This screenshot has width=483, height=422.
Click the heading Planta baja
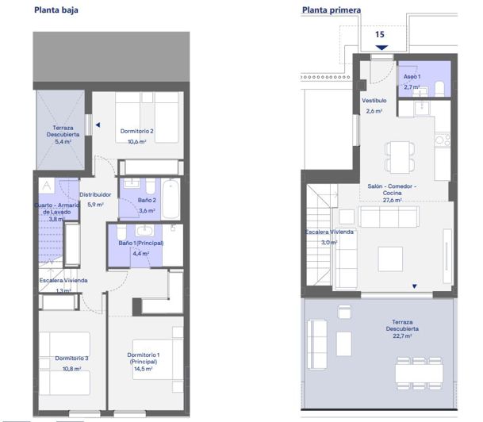click(x=56, y=11)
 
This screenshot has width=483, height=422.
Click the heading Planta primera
click(x=331, y=11)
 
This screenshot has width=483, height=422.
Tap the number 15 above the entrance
click(x=380, y=35)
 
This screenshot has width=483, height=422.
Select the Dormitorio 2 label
click(x=136, y=131)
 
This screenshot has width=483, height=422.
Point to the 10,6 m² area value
click(x=138, y=142)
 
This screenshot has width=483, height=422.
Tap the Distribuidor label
click(x=96, y=194)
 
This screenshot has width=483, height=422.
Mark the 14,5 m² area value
click(x=144, y=369)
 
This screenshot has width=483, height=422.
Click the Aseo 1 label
click(x=412, y=76)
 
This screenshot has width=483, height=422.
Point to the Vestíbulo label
click(x=374, y=102)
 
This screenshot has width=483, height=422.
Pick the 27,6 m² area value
click(x=392, y=201)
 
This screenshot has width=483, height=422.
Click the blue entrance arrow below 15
click(x=380, y=47)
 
